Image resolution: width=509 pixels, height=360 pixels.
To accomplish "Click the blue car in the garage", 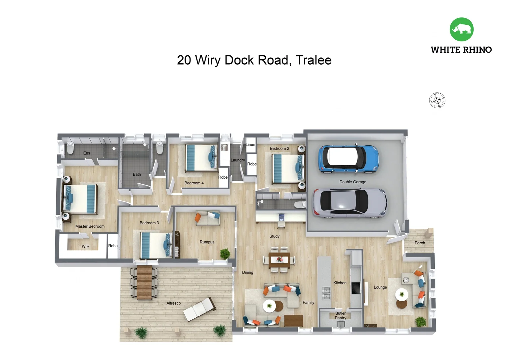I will [x=348, y=159].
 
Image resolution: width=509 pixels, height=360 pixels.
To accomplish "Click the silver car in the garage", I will [x=349, y=203].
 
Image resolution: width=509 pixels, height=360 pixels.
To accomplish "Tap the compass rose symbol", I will [x=437, y=100].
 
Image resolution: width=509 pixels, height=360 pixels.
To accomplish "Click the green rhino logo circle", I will [x=461, y=29].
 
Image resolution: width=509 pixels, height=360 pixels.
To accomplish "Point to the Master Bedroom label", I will [x=90, y=226].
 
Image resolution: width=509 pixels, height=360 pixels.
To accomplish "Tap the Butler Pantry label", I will [x=340, y=316].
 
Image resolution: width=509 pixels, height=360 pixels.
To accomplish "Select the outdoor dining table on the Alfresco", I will [x=144, y=282].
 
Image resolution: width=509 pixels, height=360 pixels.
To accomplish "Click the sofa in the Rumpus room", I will [x=208, y=218].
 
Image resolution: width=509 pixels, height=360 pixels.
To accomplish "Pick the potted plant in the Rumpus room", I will [x=225, y=254].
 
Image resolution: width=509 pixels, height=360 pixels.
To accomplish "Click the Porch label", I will [x=420, y=243].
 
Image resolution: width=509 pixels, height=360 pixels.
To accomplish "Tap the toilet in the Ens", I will [x=70, y=148].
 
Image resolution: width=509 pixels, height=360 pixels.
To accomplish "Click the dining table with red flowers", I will [x=279, y=260].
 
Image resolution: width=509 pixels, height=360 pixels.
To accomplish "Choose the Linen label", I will [x=251, y=145].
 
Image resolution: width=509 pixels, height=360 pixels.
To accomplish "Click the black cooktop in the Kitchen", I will [x=356, y=288].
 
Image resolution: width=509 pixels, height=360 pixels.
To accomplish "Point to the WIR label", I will [x=86, y=246].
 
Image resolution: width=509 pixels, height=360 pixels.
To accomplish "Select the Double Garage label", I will [x=353, y=182].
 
